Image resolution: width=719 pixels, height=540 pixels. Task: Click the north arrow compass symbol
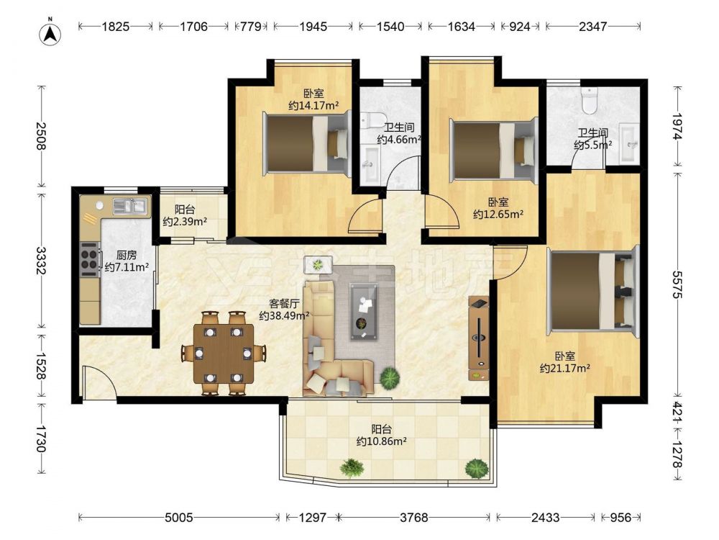point(50,32)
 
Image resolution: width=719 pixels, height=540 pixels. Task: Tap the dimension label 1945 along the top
point(313,27)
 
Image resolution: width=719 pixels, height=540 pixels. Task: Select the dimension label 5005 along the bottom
point(179,518)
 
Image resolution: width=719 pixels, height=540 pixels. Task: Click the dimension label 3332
point(41,261)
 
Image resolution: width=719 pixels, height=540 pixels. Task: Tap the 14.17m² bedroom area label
point(313,99)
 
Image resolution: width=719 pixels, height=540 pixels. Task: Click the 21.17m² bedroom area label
point(564,362)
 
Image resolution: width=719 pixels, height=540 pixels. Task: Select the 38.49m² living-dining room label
point(284,310)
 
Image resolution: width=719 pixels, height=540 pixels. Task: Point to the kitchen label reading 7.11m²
point(127,261)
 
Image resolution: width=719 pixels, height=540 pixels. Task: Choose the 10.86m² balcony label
point(382,436)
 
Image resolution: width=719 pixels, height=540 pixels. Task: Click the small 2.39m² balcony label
point(185,216)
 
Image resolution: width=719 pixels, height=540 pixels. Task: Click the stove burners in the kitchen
point(89,259)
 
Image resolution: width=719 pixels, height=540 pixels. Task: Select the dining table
point(224,354)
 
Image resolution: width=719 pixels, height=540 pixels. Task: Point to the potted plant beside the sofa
point(389,377)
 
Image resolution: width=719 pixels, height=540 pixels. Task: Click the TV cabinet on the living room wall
point(478,338)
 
